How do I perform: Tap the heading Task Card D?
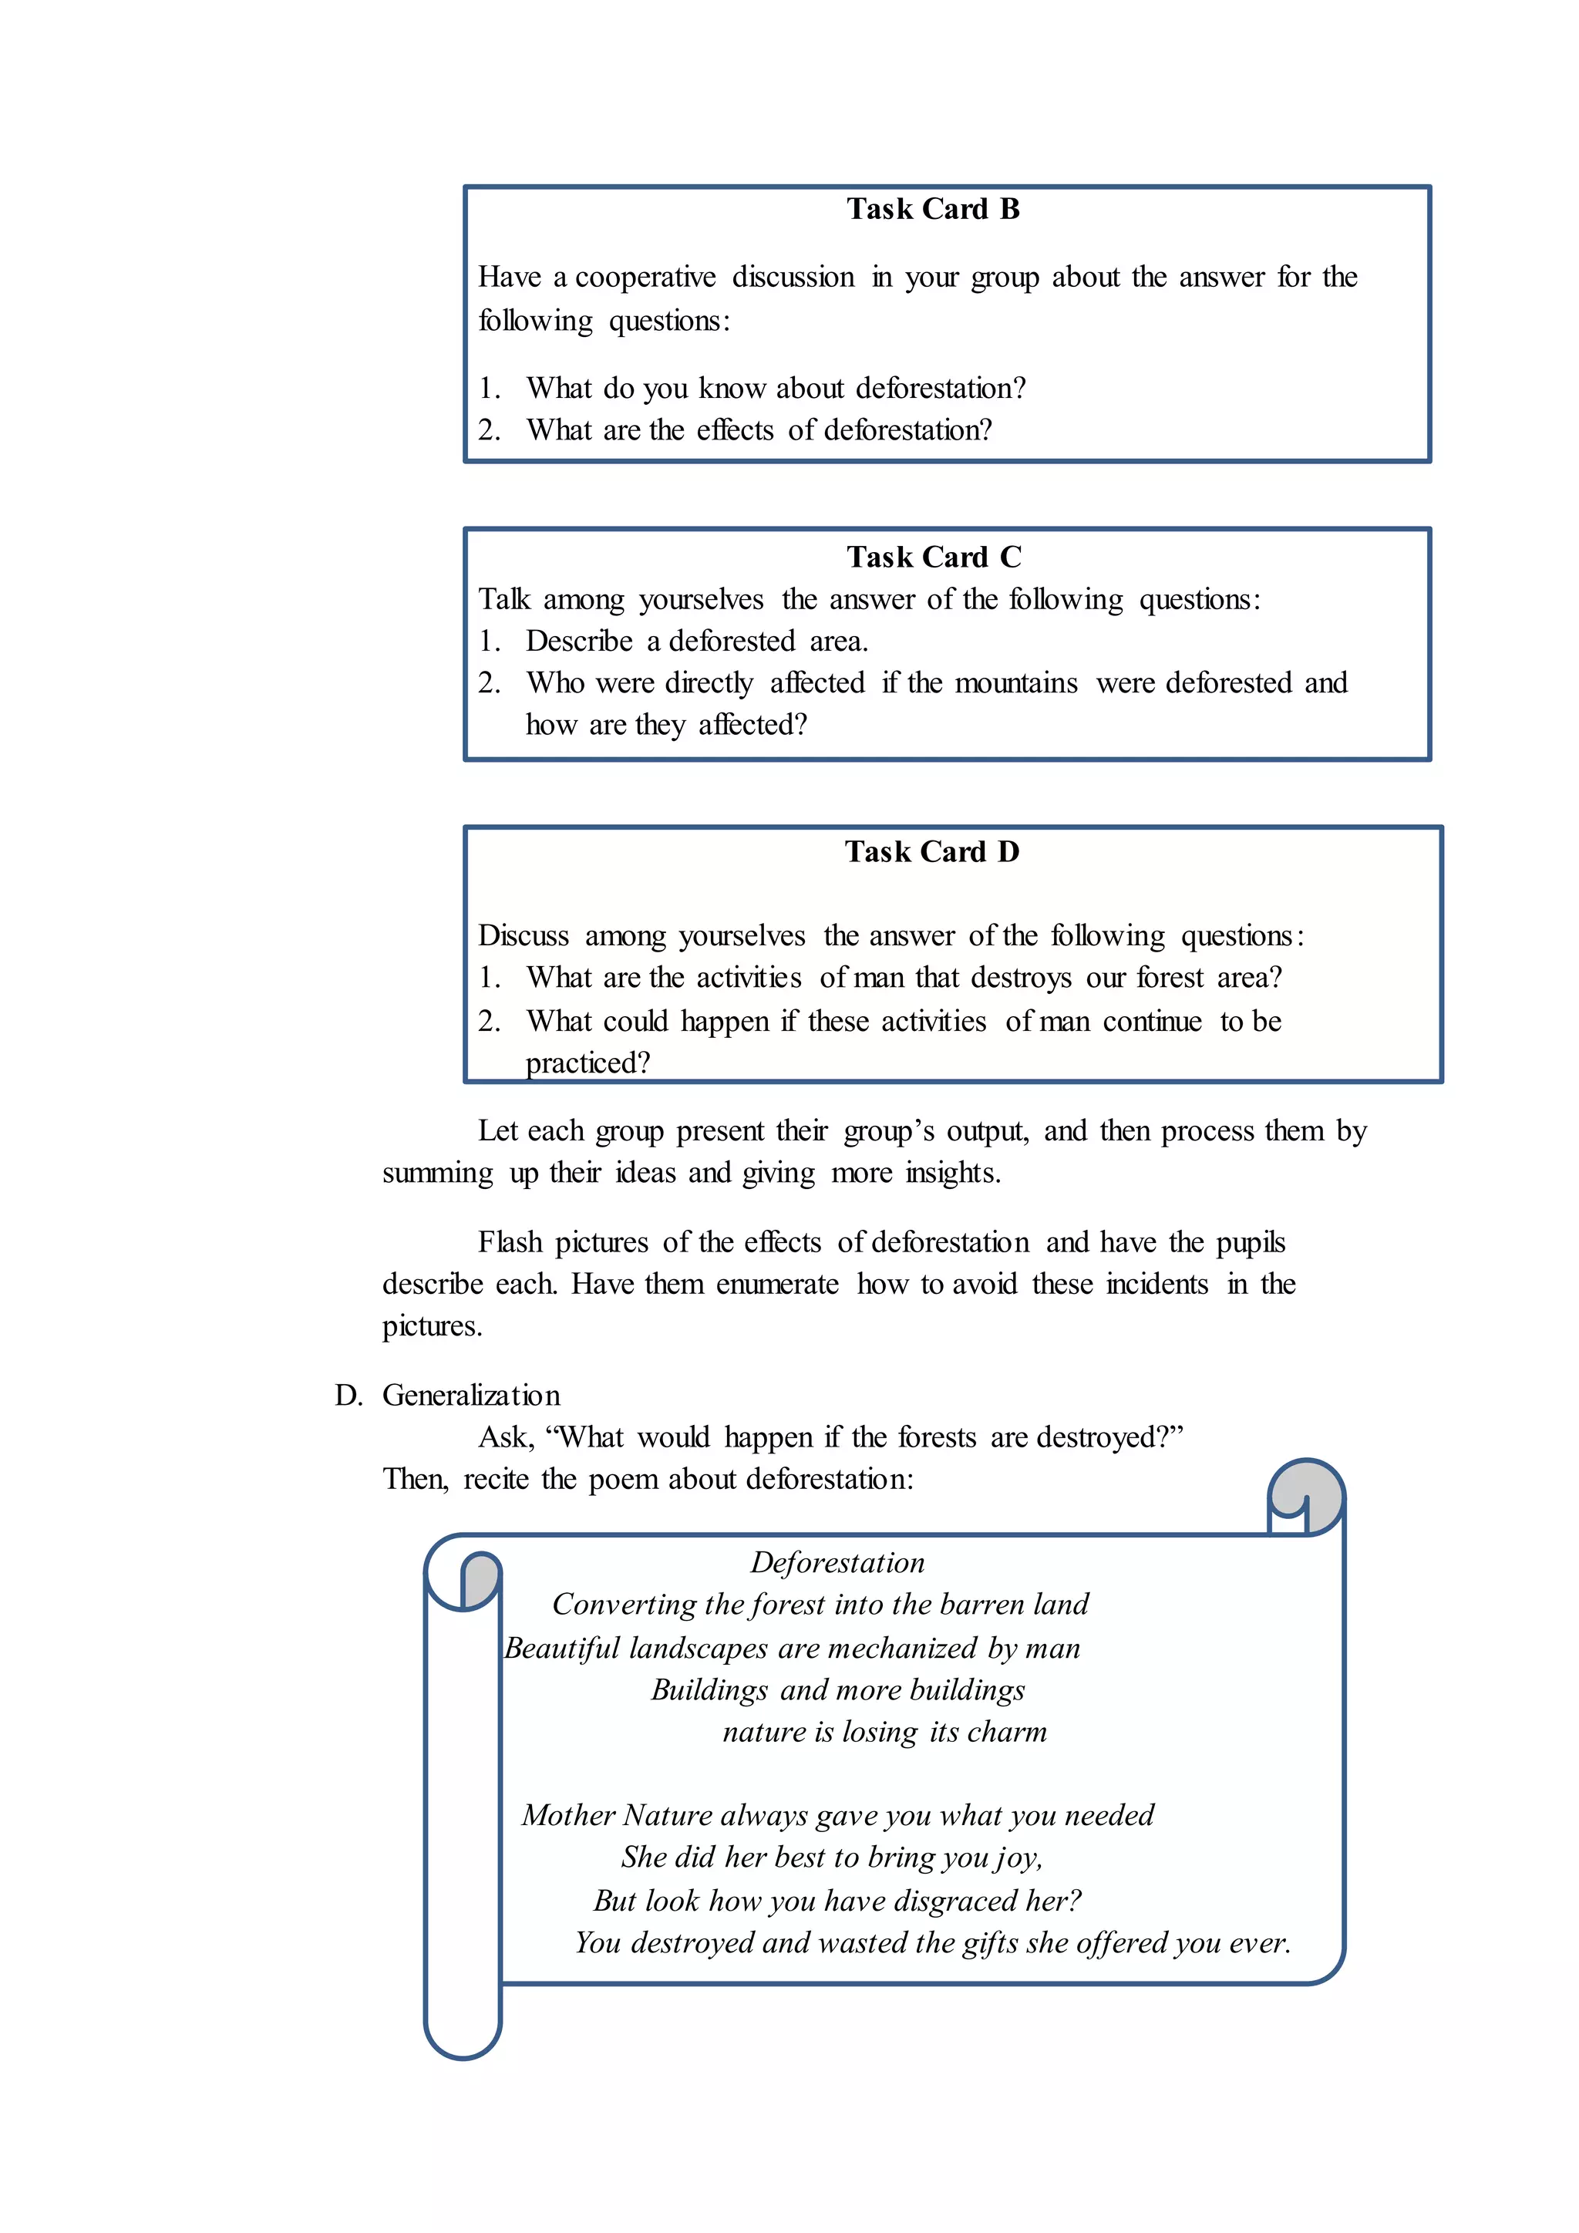tap(931, 851)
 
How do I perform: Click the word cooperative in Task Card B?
tap(645, 277)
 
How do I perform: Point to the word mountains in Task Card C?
tap(1016, 682)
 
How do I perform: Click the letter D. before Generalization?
tap(347, 1395)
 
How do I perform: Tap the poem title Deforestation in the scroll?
tap(837, 1562)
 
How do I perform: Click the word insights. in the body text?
tap(952, 1172)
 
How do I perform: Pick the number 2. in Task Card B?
tap(488, 430)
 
